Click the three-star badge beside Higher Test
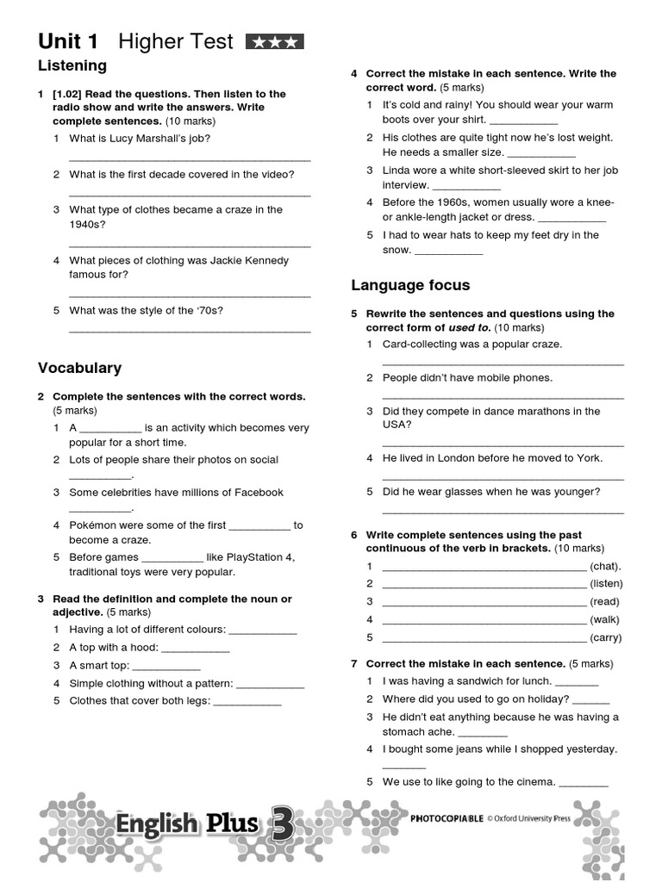275,41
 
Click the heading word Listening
72,65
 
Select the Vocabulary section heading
79,368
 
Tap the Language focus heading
410,285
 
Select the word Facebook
253,492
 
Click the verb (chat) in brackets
605,566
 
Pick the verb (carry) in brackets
605,637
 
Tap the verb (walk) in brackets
605,619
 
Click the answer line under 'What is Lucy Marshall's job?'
189,158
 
